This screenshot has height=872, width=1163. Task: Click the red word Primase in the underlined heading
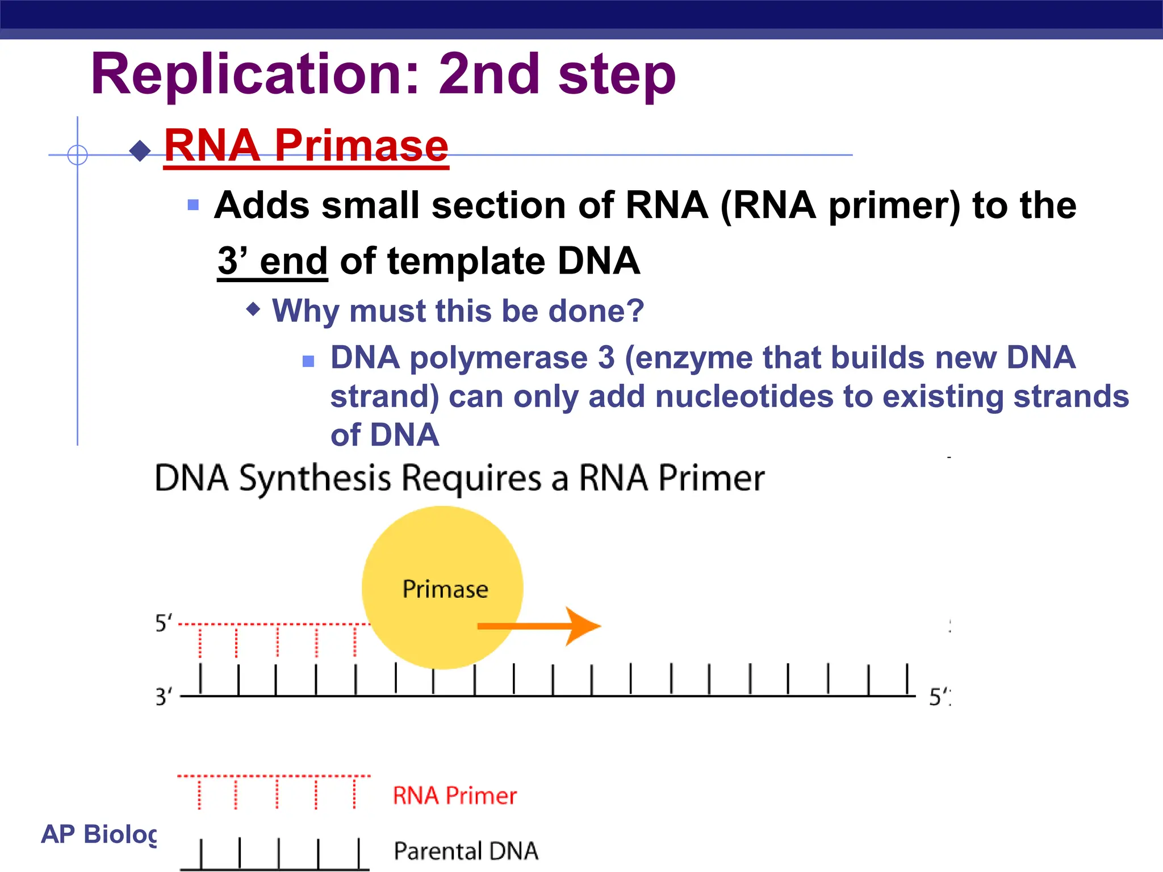pyautogui.click(x=362, y=145)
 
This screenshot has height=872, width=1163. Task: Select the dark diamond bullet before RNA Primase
pyautogui.click(x=140, y=151)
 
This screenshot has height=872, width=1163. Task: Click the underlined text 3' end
pyautogui.click(x=273, y=262)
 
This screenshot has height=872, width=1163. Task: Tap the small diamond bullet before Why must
pyautogui.click(x=253, y=309)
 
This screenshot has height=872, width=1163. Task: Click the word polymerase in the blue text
pyautogui.click(x=499, y=358)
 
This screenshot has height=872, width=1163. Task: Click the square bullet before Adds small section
pyautogui.click(x=193, y=205)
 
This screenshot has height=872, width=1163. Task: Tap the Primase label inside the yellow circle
pyautogui.click(x=445, y=589)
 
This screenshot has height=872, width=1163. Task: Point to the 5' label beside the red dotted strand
pyautogui.click(x=163, y=623)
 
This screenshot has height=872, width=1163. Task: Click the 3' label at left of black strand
pyautogui.click(x=163, y=697)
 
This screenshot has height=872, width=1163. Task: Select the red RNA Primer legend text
pyautogui.click(x=454, y=796)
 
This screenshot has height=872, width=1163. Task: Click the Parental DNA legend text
pyautogui.click(x=466, y=851)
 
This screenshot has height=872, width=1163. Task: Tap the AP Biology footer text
pyautogui.click(x=99, y=834)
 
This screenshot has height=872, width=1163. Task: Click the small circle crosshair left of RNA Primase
pyautogui.click(x=77, y=154)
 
